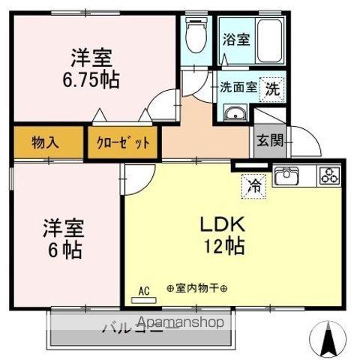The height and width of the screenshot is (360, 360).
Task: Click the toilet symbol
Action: click(196, 35)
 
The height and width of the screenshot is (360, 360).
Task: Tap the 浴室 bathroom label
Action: click(235, 40)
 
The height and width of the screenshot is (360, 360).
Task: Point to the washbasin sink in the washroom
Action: click(235, 113)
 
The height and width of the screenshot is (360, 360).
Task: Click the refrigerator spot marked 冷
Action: click(253, 183)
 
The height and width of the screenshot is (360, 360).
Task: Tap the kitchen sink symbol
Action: click(287, 178)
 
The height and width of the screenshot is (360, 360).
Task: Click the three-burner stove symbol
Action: click(328, 177)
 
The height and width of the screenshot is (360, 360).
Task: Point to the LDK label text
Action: click(218, 223)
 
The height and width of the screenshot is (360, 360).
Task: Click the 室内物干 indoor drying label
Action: click(197, 288)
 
